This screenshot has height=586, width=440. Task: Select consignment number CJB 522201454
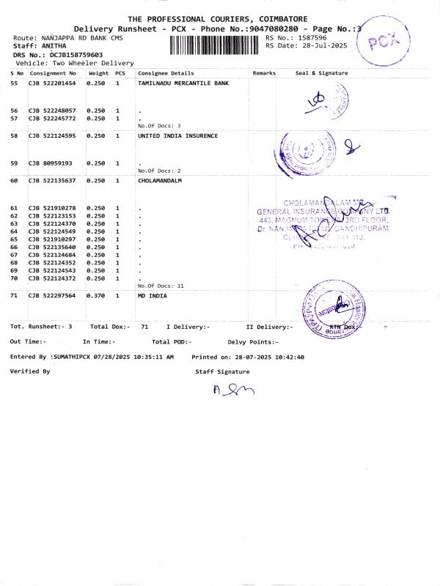[x=52, y=84]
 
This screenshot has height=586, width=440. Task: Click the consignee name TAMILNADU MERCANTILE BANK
[x=183, y=84]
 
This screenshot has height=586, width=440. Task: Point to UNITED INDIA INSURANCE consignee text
[x=177, y=136]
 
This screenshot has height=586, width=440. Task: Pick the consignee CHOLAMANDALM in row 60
[x=159, y=180]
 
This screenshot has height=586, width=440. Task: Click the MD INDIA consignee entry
[x=152, y=295]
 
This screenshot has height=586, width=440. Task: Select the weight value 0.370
[x=96, y=295]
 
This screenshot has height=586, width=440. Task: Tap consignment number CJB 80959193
[x=51, y=163]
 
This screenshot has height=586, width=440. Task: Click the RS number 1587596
[x=311, y=37]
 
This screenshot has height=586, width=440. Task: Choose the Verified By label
[x=30, y=371]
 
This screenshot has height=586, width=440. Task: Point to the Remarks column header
[x=264, y=73]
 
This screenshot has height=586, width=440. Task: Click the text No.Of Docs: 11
[x=161, y=286]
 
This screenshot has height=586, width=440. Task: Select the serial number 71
[x=14, y=295]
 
